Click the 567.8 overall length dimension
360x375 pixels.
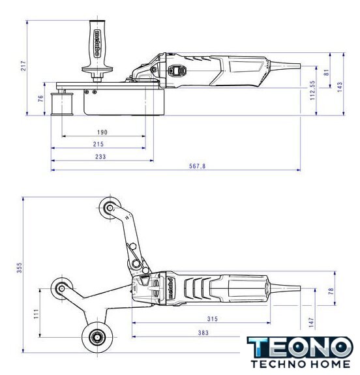coord(198,166)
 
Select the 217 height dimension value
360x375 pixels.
coord(23,65)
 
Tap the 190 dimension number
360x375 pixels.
coord(102,132)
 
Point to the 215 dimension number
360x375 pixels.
coord(98,144)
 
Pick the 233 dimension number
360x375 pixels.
coord(100,157)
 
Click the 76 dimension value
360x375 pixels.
coord(41,98)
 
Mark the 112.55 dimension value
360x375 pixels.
coord(312,90)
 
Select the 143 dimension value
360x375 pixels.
coord(339,87)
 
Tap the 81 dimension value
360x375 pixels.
coord(326,72)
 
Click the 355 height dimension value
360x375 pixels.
coord(20,267)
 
